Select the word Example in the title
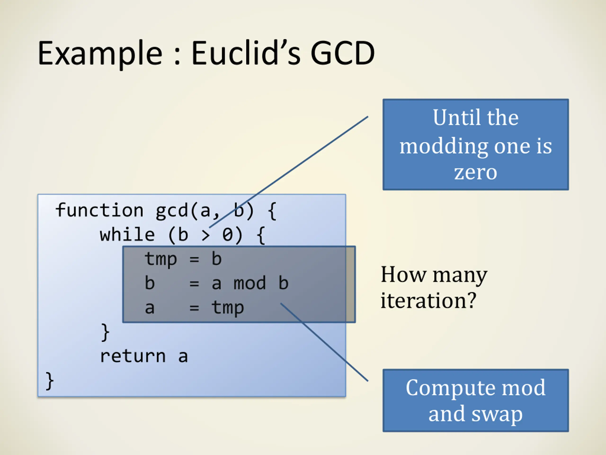100,54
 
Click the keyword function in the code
99,210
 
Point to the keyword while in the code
127,235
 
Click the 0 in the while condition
227,235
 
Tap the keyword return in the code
133,356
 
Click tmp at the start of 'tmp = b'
161,259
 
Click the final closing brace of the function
49,381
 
